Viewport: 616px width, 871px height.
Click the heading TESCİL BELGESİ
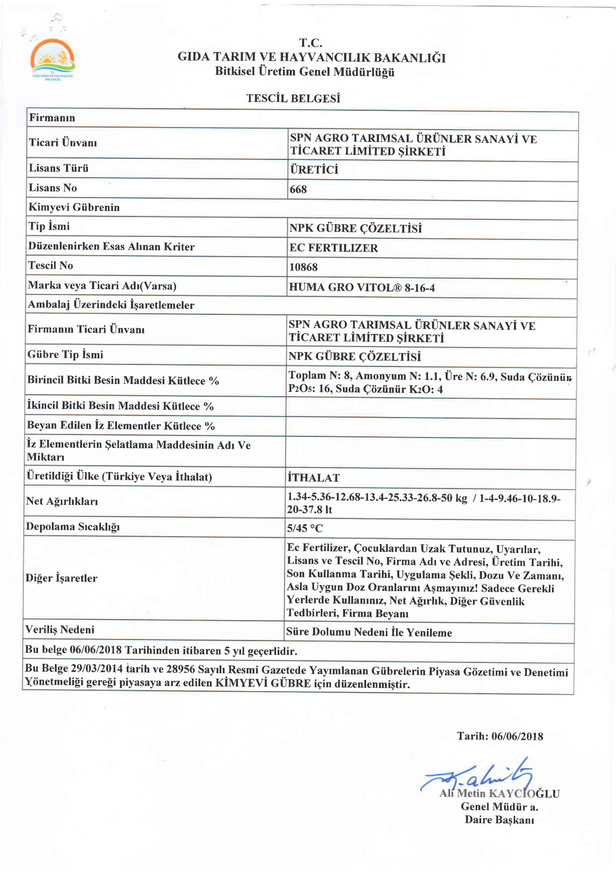pos(293,99)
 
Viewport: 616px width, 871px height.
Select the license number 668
pos(298,189)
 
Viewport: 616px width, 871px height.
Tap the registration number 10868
pos(303,267)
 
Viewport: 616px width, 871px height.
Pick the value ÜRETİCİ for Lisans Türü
pos(314,169)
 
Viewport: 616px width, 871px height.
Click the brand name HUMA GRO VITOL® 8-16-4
pos(362,287)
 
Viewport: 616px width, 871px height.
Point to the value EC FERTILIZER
pos(333,248)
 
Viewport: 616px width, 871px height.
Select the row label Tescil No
pos(50,266)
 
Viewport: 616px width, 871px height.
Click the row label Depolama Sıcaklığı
pos(73,527)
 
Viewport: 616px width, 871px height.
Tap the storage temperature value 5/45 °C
pos(305,528)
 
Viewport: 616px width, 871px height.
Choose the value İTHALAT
pos(313,478)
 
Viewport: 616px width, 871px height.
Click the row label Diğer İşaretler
pos(61,578)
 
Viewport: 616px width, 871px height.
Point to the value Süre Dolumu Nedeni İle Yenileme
pos(369,632)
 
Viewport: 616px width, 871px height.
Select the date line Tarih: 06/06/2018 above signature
pos(499,736)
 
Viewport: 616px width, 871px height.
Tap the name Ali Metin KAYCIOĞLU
pos(499,793)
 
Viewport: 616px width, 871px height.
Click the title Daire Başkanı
pos(499,820)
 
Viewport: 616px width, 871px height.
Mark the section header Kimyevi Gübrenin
pos(74,207)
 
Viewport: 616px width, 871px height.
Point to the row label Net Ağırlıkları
pos(62,501)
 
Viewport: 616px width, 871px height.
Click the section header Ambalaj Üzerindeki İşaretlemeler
pos(111,305)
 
